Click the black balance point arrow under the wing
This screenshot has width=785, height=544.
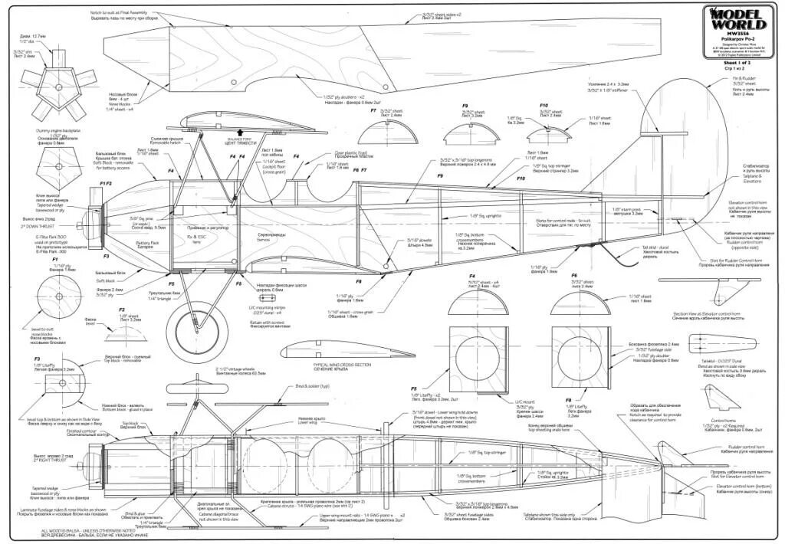tap(241, 132)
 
